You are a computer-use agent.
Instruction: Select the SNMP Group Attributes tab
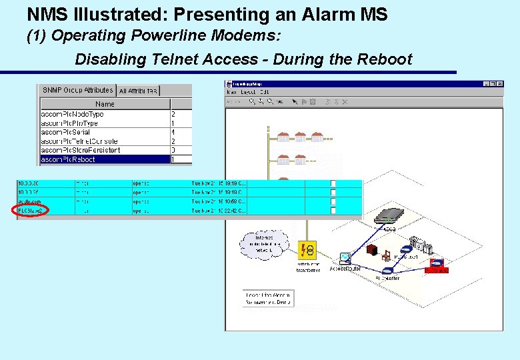tap(77, 91)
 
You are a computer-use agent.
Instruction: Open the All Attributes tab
tap(139, 91)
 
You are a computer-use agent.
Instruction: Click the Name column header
tap(105, 104)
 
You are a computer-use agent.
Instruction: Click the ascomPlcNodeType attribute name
tap(72, 114)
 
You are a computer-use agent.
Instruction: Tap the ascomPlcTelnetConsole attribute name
tap(79, 141)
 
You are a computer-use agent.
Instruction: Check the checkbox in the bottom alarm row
tap(333, 211)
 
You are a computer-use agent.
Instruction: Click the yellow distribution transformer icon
tap(308, 250)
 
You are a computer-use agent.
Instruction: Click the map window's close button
tap(500, 84)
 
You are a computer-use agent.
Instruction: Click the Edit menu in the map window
tap(265, 92)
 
